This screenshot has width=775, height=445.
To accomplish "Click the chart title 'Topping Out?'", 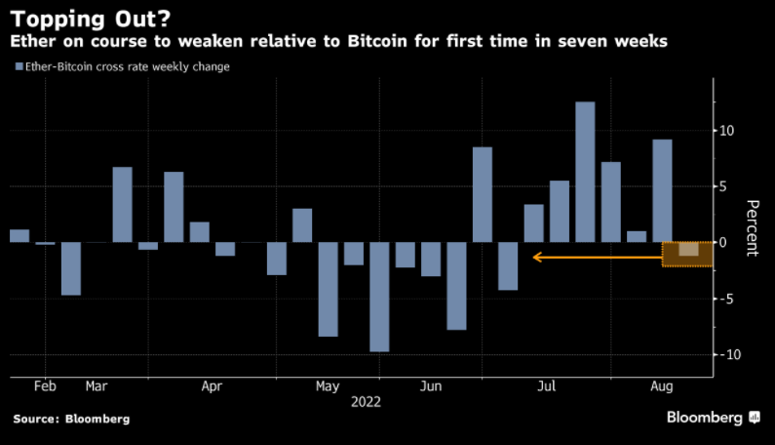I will (79, 18).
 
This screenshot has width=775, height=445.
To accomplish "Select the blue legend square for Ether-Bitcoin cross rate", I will (19, 66).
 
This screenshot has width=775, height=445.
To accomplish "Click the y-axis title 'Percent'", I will (752, 227).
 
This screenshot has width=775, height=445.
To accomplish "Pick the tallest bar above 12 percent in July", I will (585, 172).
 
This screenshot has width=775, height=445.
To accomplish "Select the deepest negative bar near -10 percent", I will (379, 297).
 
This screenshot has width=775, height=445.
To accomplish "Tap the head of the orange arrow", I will (535, 258).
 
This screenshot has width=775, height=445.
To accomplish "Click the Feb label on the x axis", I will (45, 385).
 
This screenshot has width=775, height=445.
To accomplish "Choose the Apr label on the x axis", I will (212, 385).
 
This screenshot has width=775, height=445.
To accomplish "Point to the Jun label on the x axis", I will (430, 385).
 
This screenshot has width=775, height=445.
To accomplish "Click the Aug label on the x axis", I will (662, 385).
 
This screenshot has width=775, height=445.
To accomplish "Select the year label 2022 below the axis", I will (366, 401).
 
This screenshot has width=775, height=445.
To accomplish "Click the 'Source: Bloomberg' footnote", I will (71, 419).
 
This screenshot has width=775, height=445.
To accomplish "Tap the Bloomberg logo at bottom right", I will (713, 418).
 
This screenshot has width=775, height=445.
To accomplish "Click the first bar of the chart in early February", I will (19, 236).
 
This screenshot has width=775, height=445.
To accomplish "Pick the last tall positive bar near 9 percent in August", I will (662, 191).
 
